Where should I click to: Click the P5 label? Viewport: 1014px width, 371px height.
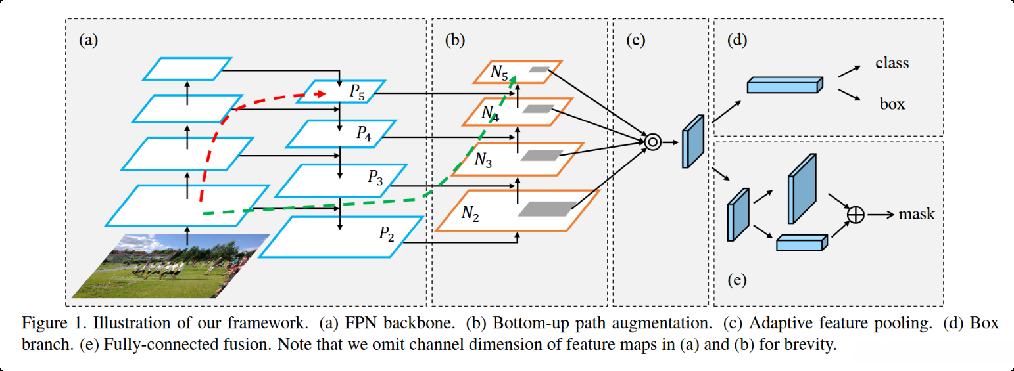click(x=358, y=94)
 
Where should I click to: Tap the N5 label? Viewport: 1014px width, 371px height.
click(x=499, y=73)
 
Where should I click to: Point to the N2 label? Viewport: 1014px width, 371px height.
click(x=470, y=213)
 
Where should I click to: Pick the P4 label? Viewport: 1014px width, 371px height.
click(x=364, y=133)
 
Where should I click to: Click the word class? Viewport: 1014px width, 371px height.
click(x=892, y=64)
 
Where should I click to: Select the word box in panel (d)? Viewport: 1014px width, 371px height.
click(x=892, y=104)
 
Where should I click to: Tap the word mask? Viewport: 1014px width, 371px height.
click(x=916, y=214)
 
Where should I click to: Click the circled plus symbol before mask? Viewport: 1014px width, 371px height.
click(x=856, y=215)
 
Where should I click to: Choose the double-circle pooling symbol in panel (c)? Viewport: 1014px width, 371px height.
click(x=652, y=141)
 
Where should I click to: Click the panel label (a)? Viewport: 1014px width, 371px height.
click(x=88, y=40)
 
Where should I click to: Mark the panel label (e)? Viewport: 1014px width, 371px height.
click(x=736, y=281)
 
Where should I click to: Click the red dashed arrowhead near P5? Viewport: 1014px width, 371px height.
click(x=321, y=95)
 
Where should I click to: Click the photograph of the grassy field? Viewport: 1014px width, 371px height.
click(x=171, y=266)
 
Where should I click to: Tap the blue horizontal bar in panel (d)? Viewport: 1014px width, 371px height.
click(x=785, y=85)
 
